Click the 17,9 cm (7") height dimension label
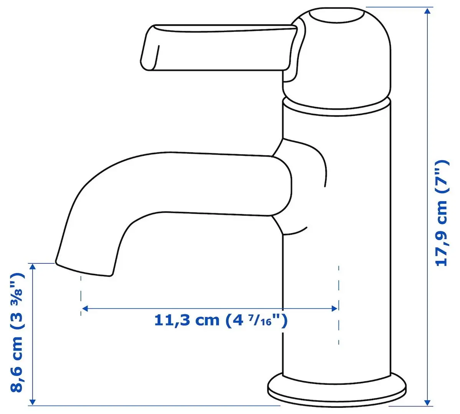(442, 213)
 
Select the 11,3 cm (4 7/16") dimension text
(221, 320)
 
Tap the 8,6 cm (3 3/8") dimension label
(17, 332)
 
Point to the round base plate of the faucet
(337, 389)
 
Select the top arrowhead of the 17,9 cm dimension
(427, 11)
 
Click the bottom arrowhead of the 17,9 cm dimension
(427, 402)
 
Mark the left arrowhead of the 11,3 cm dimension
(85, 309)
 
